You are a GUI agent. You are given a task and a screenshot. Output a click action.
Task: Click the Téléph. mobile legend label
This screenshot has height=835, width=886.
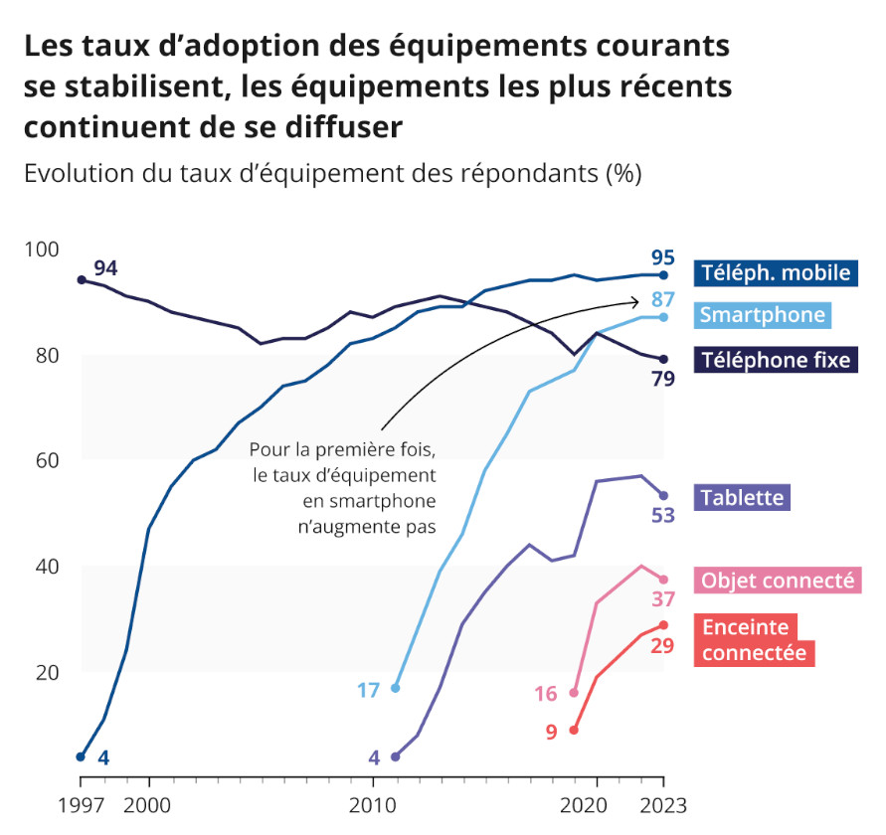tap(775, 272)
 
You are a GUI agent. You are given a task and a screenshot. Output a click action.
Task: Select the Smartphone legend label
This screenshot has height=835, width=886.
tap(763, 315)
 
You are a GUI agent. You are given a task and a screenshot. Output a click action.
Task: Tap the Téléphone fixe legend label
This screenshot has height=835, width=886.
tap(776, 359)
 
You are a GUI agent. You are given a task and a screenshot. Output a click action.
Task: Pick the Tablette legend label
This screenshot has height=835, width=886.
tap(742, 497)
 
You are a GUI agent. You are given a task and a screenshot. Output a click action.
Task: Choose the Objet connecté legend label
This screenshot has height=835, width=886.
tap(777, 581)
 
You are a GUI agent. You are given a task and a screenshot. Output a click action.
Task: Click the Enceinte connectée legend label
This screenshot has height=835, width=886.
tap(753, 640)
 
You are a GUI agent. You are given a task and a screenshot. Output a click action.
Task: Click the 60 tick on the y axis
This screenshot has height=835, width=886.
tap(47, 460)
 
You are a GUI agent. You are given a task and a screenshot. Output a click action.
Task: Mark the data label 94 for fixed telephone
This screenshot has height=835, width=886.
tap(105, 268)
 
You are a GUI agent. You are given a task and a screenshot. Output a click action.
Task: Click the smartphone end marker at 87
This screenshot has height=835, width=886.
tap(663, 317)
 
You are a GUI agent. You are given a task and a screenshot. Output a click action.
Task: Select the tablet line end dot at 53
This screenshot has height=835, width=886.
tap(663, 495)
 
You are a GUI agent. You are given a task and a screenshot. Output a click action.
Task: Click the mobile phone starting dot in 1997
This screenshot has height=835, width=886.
tap(81, 756)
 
